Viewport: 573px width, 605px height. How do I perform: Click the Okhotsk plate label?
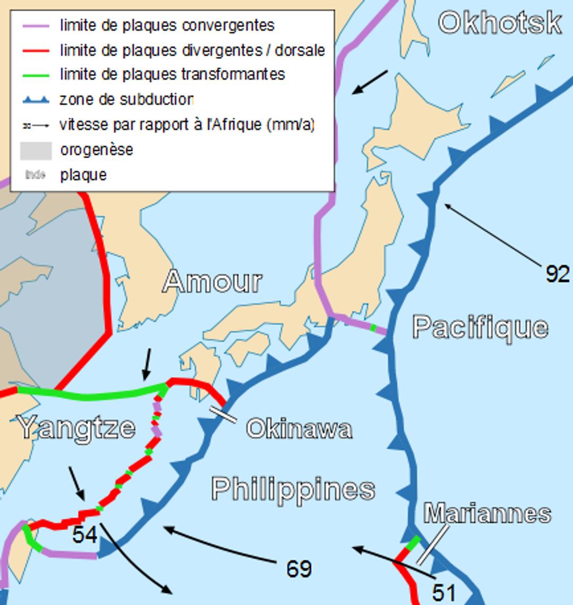click(x=500, y=23)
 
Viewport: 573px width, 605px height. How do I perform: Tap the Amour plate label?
click(x=212, y=281)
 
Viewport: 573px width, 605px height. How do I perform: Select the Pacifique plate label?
click(x=480, y=327)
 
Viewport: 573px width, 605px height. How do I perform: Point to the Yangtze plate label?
click(x=77, y=427)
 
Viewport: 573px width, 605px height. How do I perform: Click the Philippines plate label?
click(x=293, y=489)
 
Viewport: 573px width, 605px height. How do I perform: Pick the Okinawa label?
click(x=299, y=429)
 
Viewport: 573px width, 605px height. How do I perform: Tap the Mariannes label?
click(x=487, y=514)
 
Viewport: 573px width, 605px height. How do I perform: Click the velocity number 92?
click(x=558, y=274)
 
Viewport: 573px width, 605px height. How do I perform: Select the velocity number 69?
click(x=299, y=569)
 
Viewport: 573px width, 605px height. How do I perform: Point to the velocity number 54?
click(x=85, y=535)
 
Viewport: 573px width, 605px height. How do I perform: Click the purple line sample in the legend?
click(x=36, y=25)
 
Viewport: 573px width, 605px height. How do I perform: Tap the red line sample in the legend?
click(x=36, y=50)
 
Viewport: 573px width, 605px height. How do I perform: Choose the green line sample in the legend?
click(x=36, y=74)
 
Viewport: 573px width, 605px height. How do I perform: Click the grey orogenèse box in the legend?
click(x=36, y=150)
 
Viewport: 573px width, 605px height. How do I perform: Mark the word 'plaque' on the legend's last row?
click(x=83, y=175)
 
